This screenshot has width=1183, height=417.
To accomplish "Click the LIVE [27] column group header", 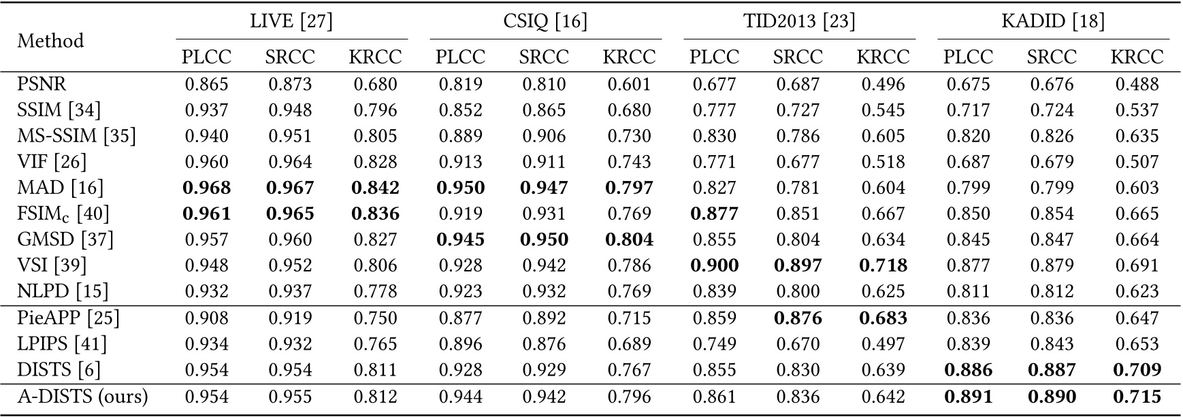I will (x=291, y=22).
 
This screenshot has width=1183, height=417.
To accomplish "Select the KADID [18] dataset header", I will (x=1052, y=22).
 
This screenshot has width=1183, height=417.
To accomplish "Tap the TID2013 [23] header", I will (x=798, y=22).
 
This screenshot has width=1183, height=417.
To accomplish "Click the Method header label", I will (x=51, y=41).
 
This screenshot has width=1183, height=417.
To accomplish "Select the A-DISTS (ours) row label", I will (x=82, y=396).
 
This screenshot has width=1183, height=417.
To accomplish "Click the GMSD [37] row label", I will (x=65, y=239).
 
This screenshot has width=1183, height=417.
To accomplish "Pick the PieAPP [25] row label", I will (x=68, y=318).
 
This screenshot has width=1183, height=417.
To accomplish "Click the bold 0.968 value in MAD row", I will (x=206, y=188).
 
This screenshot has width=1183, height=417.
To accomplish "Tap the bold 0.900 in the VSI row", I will (x=714, y=265).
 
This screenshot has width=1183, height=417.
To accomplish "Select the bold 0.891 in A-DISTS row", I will (x=968, y=396).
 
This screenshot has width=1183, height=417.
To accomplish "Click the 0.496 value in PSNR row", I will (x=883, y=84).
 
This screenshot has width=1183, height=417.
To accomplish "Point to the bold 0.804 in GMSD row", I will (x=629, y=239).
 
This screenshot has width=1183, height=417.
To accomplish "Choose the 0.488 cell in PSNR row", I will (x=1137, y=84).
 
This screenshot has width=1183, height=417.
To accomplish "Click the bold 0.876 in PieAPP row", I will (x=798, y=318).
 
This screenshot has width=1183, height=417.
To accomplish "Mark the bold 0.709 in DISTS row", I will (x=1137, y=370).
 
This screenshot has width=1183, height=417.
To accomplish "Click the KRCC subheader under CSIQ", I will (x=629, y=57).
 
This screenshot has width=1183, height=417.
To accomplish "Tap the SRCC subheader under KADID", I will (x=1052, y=57).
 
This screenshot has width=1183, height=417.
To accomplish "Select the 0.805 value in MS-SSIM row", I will (x=375, y=136).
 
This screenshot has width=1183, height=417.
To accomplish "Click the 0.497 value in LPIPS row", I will (x=883, y=344).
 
